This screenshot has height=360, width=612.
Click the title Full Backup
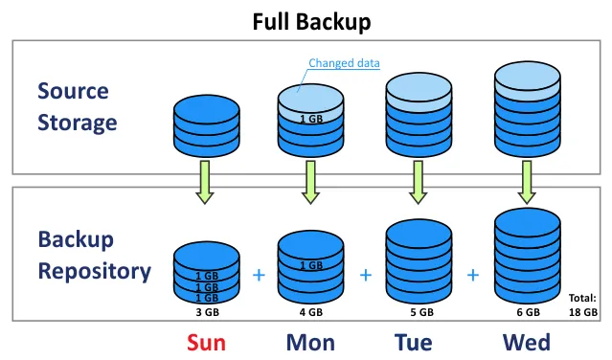(x=311, y=20)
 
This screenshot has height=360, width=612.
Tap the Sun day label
(x=206, y=342)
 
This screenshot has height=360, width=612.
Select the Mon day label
(x=309, y=342)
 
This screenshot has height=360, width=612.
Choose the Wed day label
(x=527, y=342)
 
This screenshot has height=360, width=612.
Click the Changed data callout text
(x=344, y=64)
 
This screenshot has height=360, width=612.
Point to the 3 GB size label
(x=205, y=312)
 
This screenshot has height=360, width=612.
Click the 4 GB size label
(x=309, y=312)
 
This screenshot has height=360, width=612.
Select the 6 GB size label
(x=526, y=312)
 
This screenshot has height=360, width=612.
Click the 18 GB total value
(x=583, y=312)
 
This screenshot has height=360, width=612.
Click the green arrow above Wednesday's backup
(x=526, y=182)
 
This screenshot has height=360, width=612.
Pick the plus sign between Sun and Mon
(x=258, y=275)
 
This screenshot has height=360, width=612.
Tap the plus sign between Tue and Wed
(x=472, y=275)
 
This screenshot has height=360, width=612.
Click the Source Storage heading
(x=77, y=106)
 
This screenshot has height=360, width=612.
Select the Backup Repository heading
(x=94, y=255)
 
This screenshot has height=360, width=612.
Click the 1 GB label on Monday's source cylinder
(x=310, y=120)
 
